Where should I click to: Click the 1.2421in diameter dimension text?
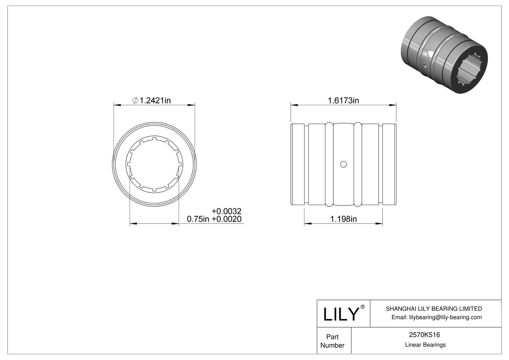155,100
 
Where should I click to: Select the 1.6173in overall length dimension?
343,100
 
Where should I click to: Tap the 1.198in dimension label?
343,219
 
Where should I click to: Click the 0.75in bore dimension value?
198,219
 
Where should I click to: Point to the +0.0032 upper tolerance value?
226,211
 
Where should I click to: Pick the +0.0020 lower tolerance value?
226,219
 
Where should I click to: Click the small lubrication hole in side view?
343,164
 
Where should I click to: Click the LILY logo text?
341,314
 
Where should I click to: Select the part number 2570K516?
424,335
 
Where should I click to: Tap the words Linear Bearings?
425,345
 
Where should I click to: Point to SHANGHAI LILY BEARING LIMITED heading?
434,309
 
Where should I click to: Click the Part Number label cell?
332,341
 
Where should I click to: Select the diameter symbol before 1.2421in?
135,101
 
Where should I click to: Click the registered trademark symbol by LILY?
363,307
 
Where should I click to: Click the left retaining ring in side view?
329,164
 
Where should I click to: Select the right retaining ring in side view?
358,164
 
